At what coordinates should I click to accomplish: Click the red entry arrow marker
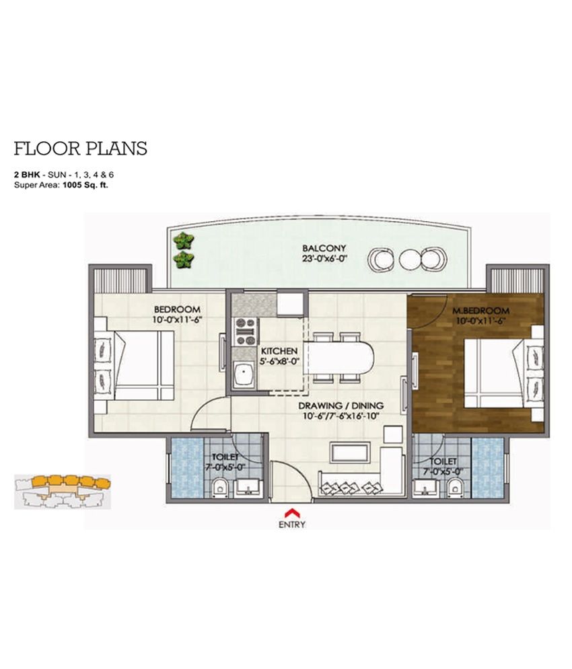pos(292,512)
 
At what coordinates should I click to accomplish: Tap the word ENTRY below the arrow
pos(292,525)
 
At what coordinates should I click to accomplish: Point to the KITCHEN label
pos(279,351)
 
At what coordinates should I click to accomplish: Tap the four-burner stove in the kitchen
pos(246,332)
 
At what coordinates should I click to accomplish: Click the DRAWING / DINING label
pos(341,405)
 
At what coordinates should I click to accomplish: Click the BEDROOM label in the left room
pos(177,309)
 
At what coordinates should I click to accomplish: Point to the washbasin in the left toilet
pos(249,487)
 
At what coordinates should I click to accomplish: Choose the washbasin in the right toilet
pos(425,487)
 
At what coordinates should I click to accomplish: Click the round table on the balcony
pos(410,259)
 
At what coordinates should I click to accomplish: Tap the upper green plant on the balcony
pos(184,241)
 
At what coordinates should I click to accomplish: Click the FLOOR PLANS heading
pos(80,149)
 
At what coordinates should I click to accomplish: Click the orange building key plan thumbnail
pos(63,491)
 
